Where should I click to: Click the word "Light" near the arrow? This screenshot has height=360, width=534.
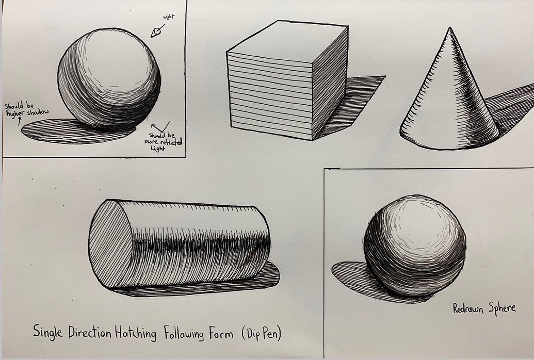169,17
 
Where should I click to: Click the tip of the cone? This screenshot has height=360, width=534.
450,27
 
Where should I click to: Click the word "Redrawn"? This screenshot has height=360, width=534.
468,308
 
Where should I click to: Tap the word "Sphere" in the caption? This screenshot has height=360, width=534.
503,308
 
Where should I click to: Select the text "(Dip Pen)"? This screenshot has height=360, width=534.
262,333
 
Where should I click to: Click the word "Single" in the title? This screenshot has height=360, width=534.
47,332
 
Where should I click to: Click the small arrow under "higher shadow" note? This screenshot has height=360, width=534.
20,121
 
